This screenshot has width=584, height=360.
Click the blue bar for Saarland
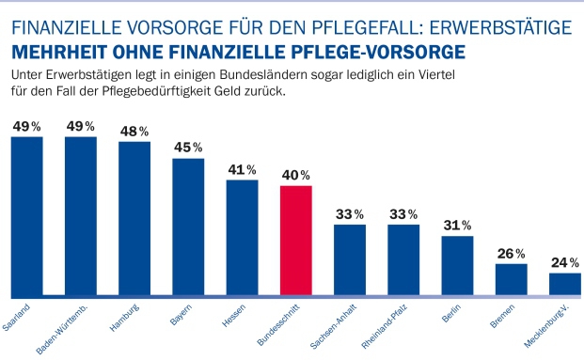tap(26, 216)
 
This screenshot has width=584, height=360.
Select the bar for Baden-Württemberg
tap(81, 216)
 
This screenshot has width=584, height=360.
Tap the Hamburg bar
tap(134, 219)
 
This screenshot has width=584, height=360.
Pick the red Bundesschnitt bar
tap(296, 241)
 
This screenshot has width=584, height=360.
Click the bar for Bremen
tap(512, 279)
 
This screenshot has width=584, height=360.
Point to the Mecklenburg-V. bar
tap(565, 284)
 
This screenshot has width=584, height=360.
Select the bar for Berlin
tap(458, 266)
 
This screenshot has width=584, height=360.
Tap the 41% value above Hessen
tap(243, 169)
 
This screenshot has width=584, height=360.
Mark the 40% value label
tap(296, 175)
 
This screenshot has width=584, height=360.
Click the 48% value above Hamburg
tap(134, 131)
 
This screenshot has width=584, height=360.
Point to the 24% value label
tap(565, 262)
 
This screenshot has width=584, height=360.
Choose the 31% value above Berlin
tap(458, 225)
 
